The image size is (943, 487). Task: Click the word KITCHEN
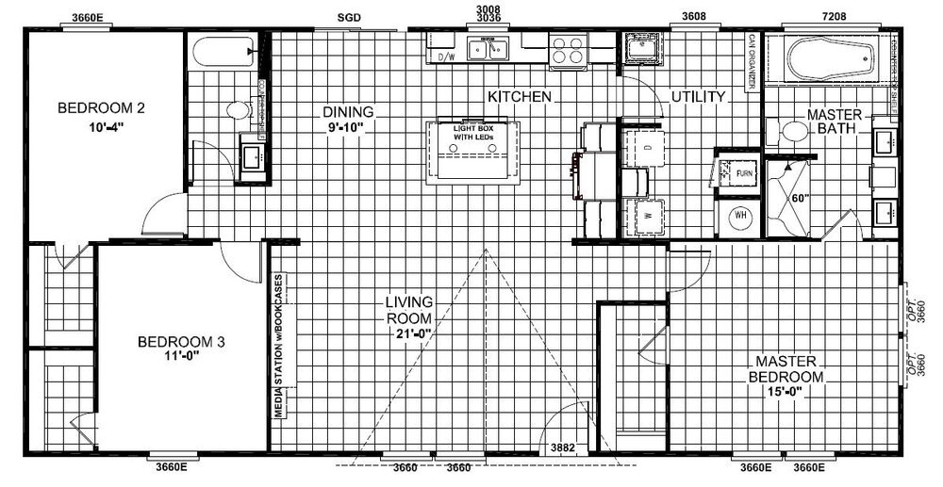coord(519,97)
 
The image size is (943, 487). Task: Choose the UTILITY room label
coord(698,97)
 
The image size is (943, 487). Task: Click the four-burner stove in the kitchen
coord(568,49)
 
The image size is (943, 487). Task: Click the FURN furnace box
coord(743,174)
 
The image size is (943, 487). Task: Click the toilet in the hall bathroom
coord(238,110)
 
